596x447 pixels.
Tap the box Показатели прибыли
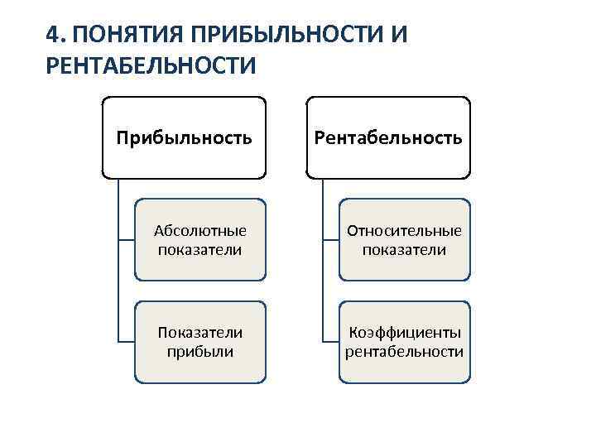[x=200, y=342]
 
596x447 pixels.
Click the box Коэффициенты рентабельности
[x=404, y=342]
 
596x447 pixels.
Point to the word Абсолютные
[x=200, y=231]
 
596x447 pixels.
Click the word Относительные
[x=404, y=231]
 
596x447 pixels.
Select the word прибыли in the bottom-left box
[x=200, y=352]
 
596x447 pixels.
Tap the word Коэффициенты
[x=404, y=333]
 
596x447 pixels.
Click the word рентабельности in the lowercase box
[x=404, y=352]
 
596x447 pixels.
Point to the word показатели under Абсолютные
[x=199, y=249]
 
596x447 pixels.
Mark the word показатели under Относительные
[x=404, y=249]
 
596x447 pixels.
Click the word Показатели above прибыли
[x=200, y=333]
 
